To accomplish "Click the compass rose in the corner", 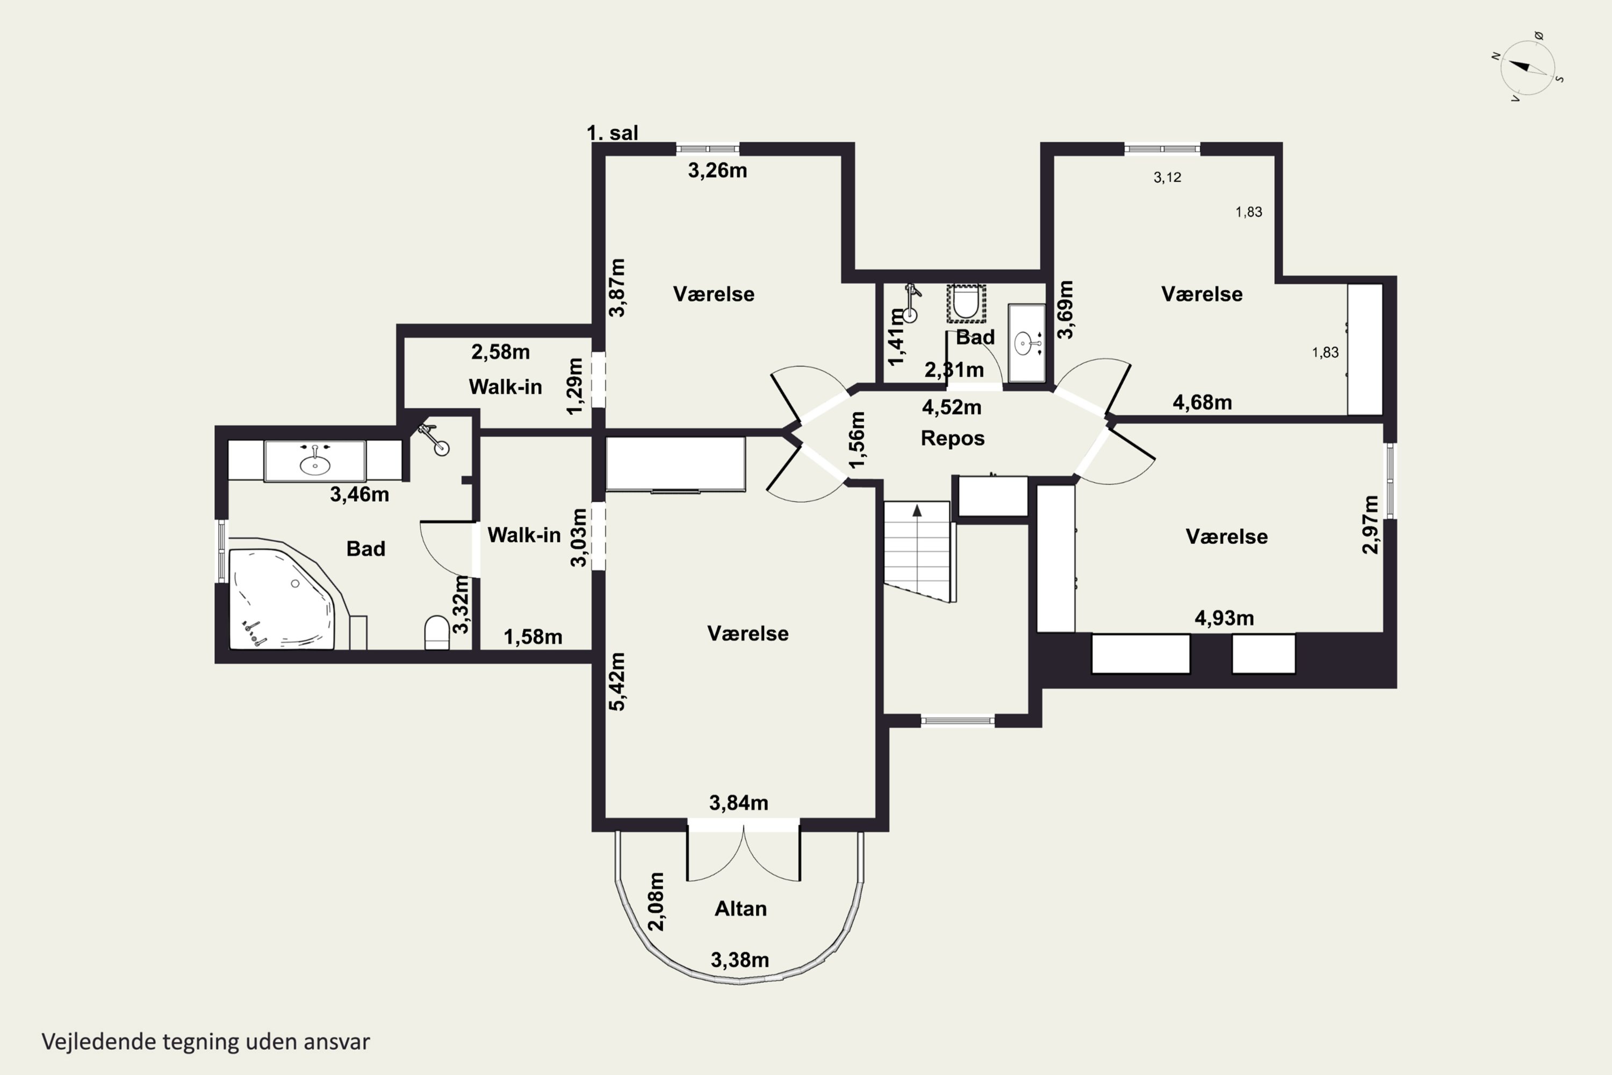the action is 1528,67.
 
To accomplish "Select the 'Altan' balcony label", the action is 741,909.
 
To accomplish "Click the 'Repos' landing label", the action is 953,439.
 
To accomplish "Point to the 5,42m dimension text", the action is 617,682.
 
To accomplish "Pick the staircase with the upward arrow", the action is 917,552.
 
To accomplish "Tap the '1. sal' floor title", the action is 612,132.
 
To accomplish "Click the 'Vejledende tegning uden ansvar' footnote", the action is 206,1042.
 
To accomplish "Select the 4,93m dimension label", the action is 1224,619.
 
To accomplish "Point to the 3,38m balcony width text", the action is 739,961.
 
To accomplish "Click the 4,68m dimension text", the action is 1202,403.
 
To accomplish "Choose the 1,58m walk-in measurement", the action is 533,637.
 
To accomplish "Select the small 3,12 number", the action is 1167,177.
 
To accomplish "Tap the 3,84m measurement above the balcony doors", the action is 738,803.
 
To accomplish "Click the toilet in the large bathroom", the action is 436,632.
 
